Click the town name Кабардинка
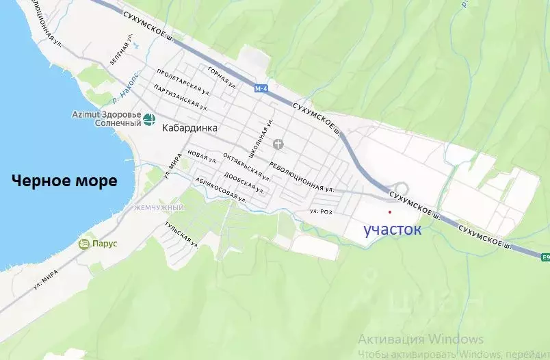click(190, 127)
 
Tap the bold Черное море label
click(64, 181)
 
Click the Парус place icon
click(84, 244)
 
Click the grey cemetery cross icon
click(278, 144)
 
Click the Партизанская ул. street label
click(181, 98)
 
